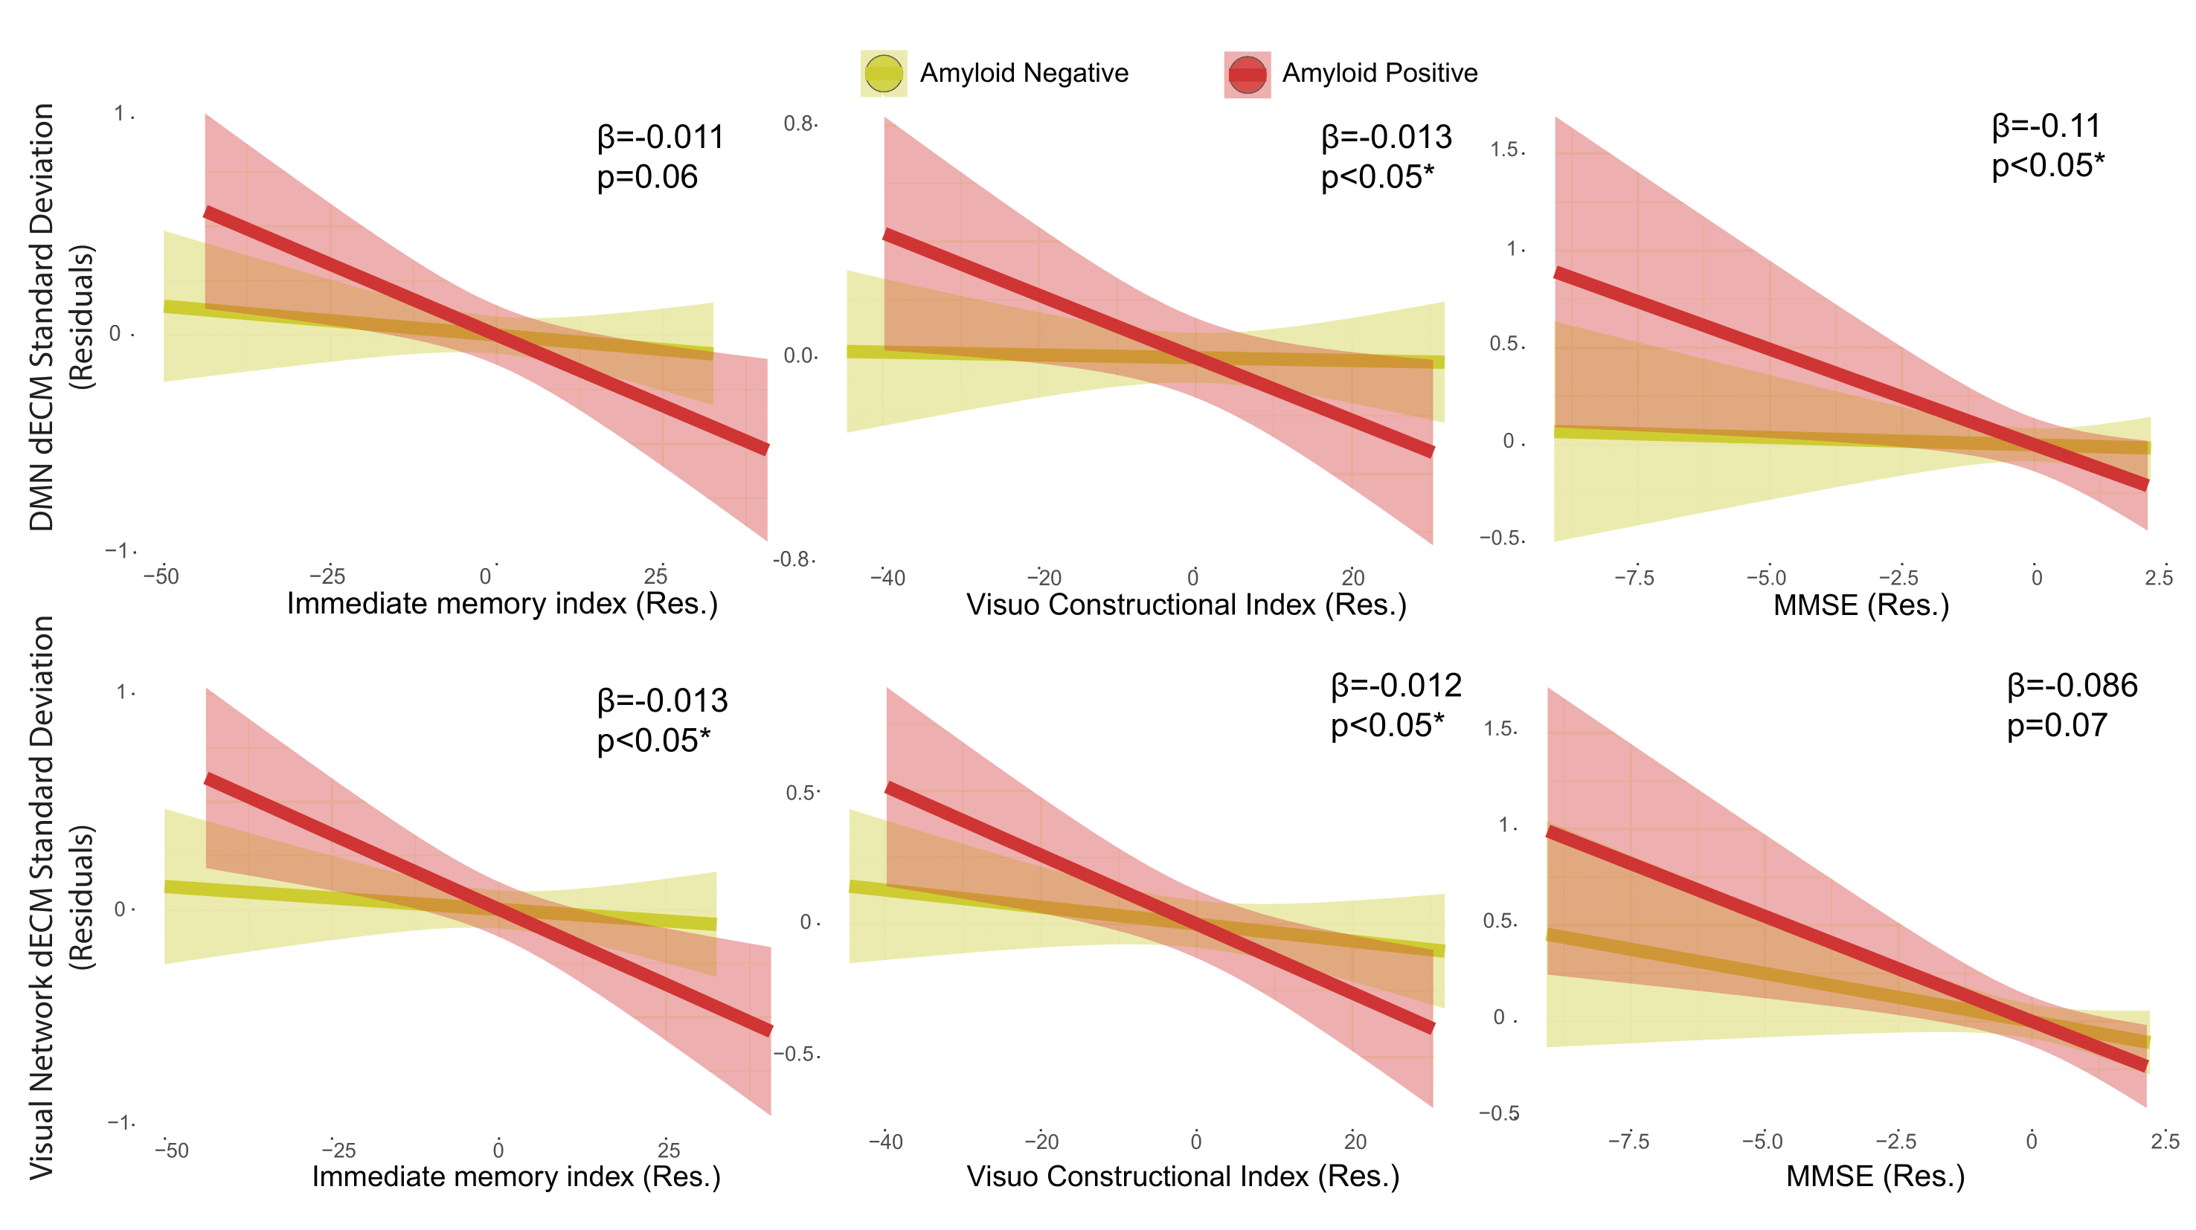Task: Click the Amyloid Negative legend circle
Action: point(883,74)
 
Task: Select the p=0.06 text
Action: point(647,177)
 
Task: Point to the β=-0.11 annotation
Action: point(2046,126)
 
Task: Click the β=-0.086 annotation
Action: point(2073,686)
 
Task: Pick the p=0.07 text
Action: point(2057,725)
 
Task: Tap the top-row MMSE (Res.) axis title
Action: point(1861,605)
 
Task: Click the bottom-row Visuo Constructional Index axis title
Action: point(1182,1176)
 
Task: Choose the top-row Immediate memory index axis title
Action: point(502,604)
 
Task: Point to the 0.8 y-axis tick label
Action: point(799,123)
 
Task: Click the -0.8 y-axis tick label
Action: point(793,559)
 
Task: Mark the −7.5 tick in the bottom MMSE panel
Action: point(1628,1142)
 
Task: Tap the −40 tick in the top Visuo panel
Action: point(887,578)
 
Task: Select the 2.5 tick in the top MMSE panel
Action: point(2160,578)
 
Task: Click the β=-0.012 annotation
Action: point(1396,686)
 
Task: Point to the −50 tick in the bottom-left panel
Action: point(171,1150)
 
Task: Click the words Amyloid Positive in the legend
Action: point(1379,74)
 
